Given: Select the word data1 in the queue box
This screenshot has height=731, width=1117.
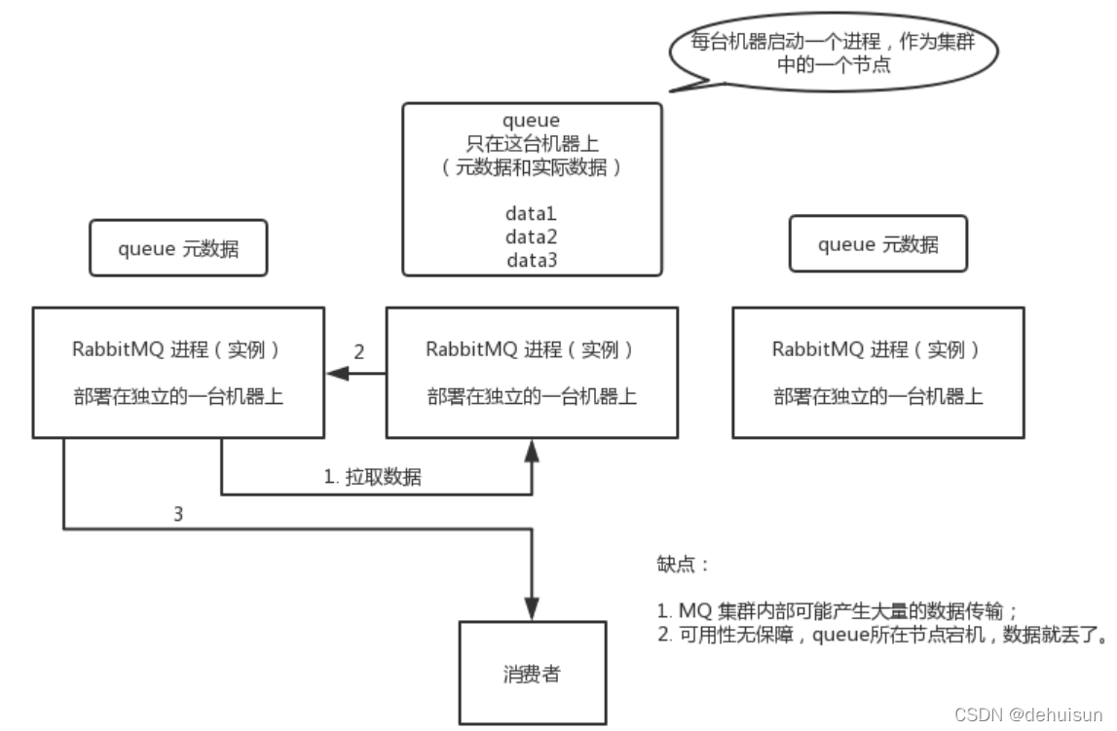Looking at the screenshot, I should [531, 213].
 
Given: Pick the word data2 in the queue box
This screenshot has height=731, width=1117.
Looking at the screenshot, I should [531, 237].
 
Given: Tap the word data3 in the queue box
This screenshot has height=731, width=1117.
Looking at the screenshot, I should [531, 260].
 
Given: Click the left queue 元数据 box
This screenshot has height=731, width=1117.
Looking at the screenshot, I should [178, 248].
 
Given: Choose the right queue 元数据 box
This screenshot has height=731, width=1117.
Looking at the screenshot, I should [878, 244].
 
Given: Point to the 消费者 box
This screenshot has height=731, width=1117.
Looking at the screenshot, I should [533, 673].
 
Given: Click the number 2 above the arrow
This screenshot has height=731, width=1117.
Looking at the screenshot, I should [358, 352].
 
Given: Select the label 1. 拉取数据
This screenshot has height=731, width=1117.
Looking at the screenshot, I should [373, 477].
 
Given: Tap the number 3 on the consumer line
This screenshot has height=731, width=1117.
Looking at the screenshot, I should [177, 515].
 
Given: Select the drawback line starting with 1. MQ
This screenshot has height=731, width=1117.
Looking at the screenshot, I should [837, 612].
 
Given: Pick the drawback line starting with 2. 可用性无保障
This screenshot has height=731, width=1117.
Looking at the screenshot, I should [880, 637].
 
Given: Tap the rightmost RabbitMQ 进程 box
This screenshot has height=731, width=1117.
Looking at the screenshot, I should [877, 372].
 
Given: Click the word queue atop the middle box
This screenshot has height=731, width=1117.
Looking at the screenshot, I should [531, 121].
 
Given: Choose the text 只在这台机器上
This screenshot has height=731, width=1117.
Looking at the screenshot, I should [531, 144].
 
